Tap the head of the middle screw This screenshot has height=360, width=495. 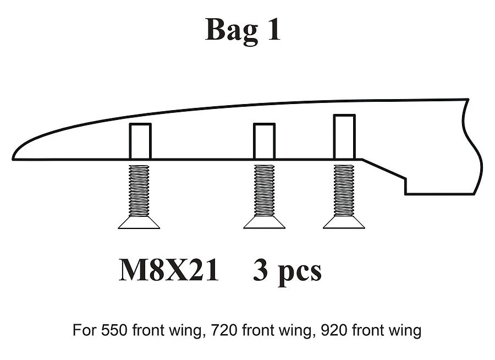pyautogui.click(x=265, y=222)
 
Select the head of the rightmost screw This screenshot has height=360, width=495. pyautogui.click(x=344, y=222)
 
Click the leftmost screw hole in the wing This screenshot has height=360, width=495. pyautogui.click(x=140, y=141)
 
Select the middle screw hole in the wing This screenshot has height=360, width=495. pyautogui.click(x=265, y=141)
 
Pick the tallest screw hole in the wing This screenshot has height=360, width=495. pyautogui.click(x=344, y=137)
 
